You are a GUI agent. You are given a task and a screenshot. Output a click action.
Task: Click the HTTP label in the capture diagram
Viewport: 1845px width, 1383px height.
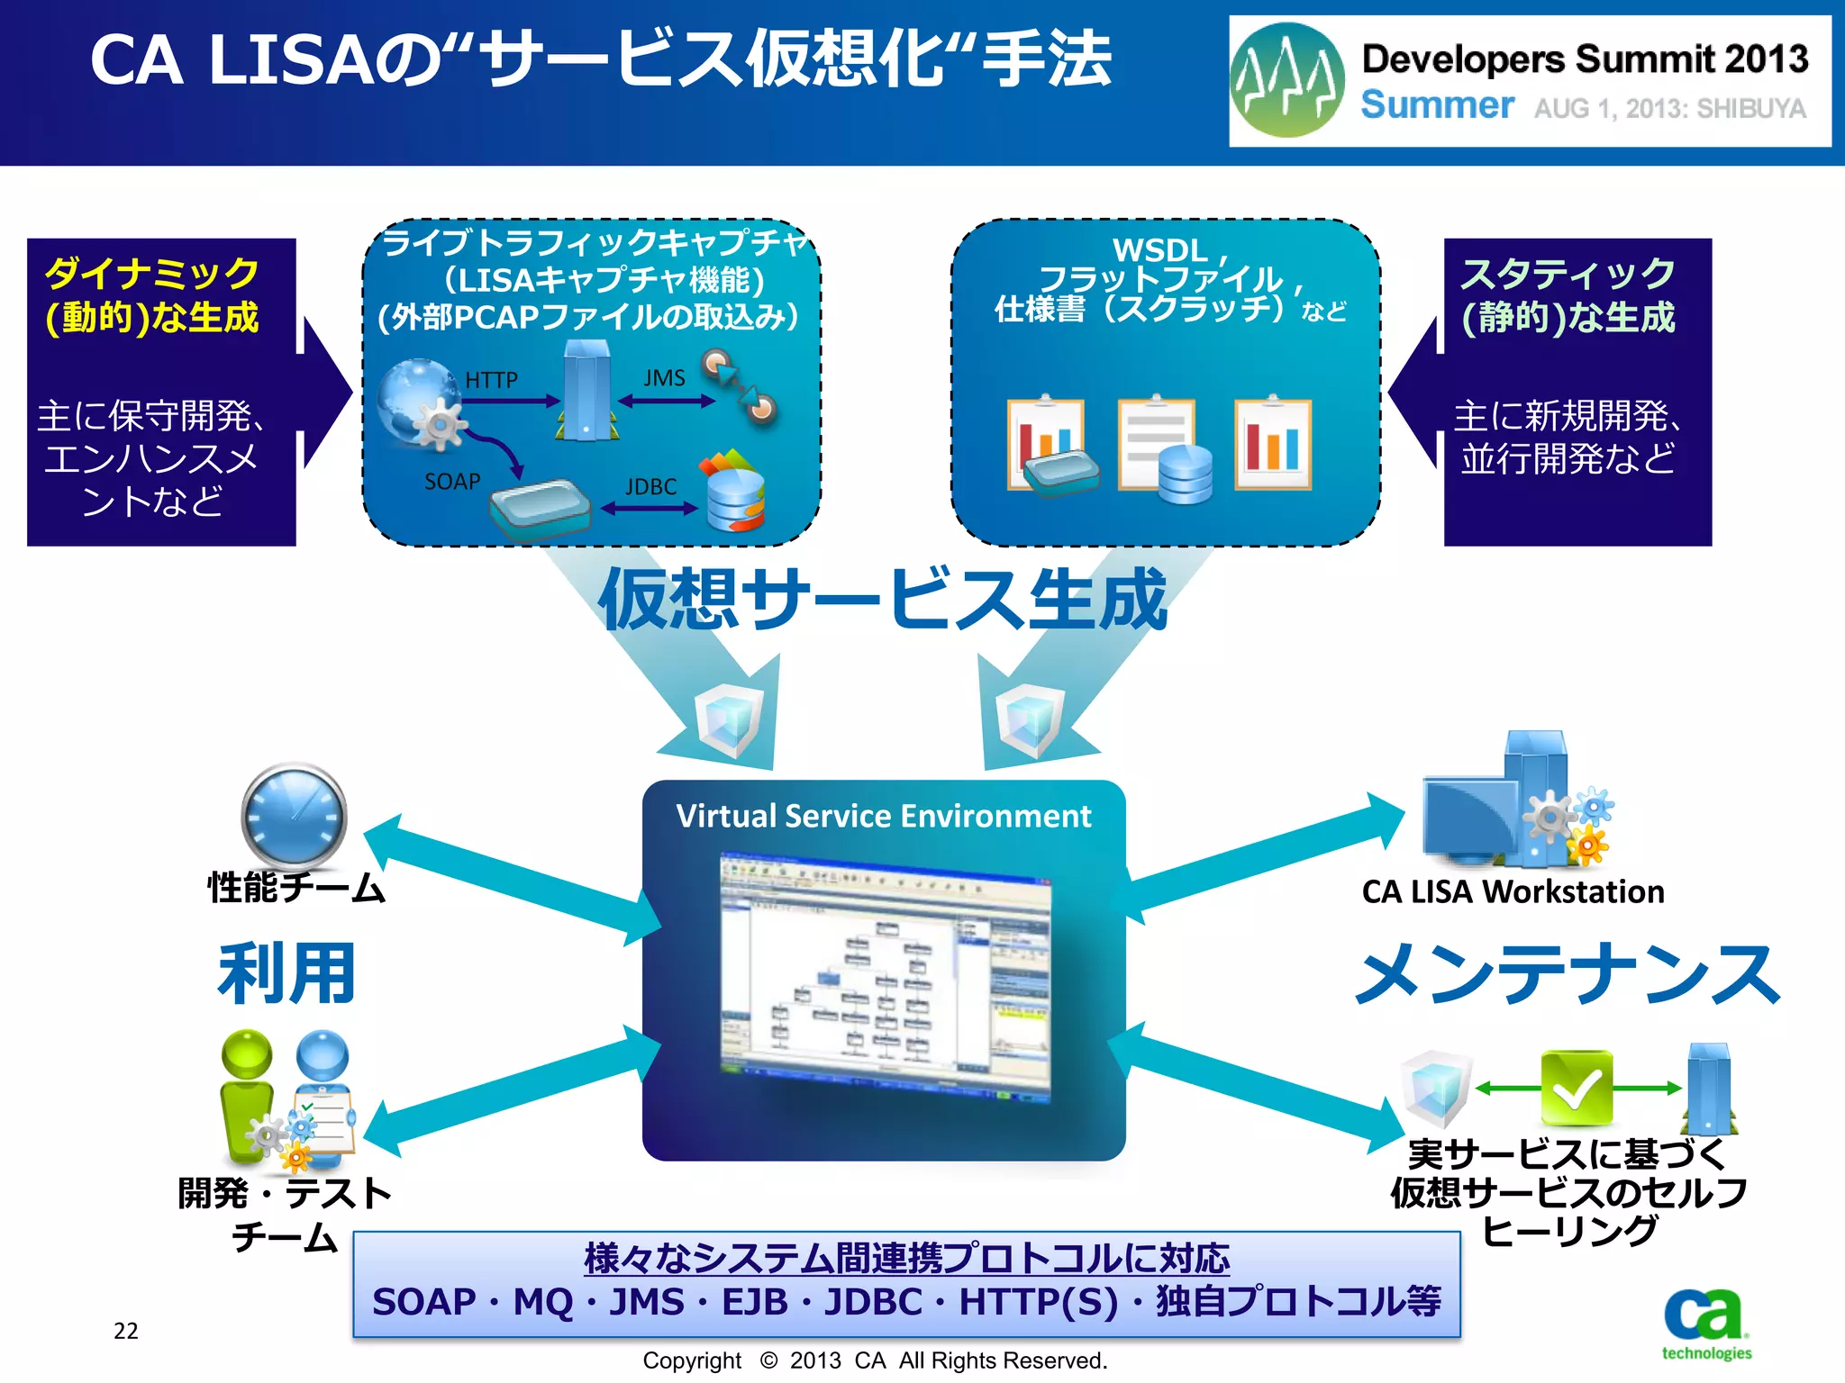coord(491,380)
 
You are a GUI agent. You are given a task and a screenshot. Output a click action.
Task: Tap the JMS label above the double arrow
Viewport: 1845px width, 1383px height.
coord(664,378)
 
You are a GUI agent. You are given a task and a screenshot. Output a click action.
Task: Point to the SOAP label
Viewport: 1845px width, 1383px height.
coord(452,482)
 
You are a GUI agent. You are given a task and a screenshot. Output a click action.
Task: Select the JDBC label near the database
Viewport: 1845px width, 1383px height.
coord(650,487)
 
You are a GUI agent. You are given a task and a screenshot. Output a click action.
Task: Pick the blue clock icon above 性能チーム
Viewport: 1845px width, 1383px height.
coord(294,817)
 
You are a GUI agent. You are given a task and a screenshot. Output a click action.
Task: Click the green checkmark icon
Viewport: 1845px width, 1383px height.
coord(1576,1088)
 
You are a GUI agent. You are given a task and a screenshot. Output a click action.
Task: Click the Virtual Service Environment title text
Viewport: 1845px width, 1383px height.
coord(883,816)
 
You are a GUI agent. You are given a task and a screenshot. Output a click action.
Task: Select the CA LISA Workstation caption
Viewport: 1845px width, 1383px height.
coord(1513,891)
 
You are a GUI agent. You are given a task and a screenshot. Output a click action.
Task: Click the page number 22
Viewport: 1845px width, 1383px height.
coord(126,1331)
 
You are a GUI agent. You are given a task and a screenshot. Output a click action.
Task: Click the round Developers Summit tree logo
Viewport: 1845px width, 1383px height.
coord(1287,80)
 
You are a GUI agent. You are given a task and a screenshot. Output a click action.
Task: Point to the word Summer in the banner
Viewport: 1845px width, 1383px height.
coord(1436,105)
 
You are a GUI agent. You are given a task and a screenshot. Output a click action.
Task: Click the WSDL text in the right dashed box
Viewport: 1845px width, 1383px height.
coord(1159,249)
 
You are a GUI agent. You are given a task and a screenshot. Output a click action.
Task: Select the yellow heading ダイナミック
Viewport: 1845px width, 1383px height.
coord(152,273)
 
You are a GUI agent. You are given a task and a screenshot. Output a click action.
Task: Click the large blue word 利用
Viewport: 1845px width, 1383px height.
coord(286,973)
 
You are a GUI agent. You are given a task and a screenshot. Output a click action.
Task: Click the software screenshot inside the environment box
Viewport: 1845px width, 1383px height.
coord(885,974)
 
